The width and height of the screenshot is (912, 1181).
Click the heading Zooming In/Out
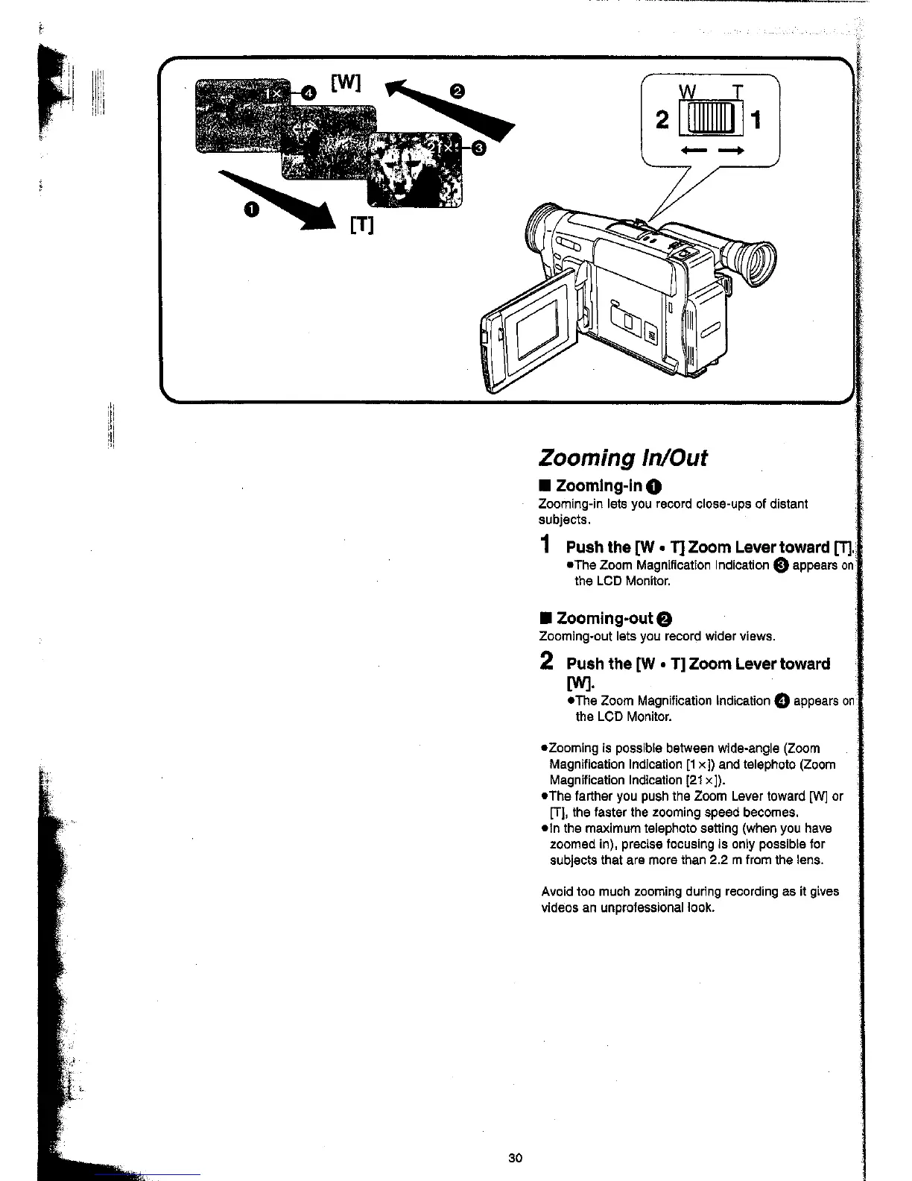pyautogui.click(x=622, y=457)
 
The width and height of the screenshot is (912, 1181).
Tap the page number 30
pyautogui.click(x=515, y=1158)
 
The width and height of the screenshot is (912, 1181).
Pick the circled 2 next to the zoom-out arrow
pyautogui.click(x=458, y=92)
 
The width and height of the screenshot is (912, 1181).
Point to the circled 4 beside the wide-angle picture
pyautogui.click(x=309, y=92)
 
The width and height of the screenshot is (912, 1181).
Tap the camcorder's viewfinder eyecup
pyautogui.click(x=753, y=261)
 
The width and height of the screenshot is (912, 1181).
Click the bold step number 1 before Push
pyautogui.click(x=547, y=545)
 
